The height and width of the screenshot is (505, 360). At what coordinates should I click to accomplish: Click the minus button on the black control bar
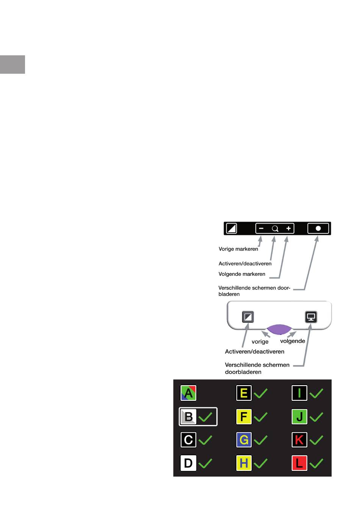(x=261, y=228)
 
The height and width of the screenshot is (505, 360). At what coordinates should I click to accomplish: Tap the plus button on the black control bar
(x=288, y=228)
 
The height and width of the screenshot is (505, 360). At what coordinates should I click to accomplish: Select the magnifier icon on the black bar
(x=275, y=228)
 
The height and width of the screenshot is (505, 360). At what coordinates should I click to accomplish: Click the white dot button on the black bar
(x=318, y=228)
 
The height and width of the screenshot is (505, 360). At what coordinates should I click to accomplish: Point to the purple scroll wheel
(x=279, y=329)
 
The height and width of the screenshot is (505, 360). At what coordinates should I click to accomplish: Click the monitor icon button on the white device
(x=311, y=317)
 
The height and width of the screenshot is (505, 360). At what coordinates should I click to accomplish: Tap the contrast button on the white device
(x=248, y=317)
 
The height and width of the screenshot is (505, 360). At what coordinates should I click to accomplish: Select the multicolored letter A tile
(x=188, y=393)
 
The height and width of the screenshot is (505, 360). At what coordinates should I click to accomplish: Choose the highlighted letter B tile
(x=188, y=417)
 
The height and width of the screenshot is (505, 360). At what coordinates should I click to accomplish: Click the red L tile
(x=299, y=463)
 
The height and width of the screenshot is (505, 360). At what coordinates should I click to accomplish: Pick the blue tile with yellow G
(x=244, y=440)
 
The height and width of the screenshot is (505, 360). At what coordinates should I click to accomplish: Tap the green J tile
(x=299, y=417)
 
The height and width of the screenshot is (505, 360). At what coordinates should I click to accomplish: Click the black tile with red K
(x=299, y=440)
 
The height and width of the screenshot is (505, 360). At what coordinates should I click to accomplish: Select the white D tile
(x=188, y=463)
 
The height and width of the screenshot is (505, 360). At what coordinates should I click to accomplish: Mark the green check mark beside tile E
(x=261, y=393)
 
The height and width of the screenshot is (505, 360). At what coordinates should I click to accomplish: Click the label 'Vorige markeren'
(x=238, y=249)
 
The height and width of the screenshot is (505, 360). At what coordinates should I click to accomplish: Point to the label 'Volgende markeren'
(x=242, y=274)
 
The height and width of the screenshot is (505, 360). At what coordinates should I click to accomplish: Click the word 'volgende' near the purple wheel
(x=293, y=341)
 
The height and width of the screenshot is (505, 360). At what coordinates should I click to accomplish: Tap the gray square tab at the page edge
(x=13, y=64)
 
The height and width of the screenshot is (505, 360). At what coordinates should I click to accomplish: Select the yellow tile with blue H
(x=244, y=463)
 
